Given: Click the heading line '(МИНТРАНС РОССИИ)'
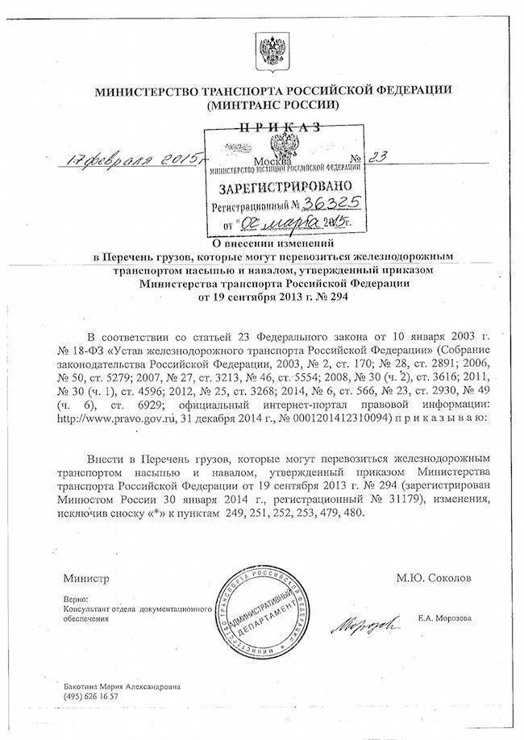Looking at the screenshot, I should click(x=273, y=105).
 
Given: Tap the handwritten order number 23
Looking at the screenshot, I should click(x=376, y=159).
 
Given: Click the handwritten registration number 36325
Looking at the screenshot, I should click(x=316, y=204).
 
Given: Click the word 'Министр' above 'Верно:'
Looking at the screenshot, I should click(x=85, y=578).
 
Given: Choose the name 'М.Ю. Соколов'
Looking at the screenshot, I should click(x=434, y=578).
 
